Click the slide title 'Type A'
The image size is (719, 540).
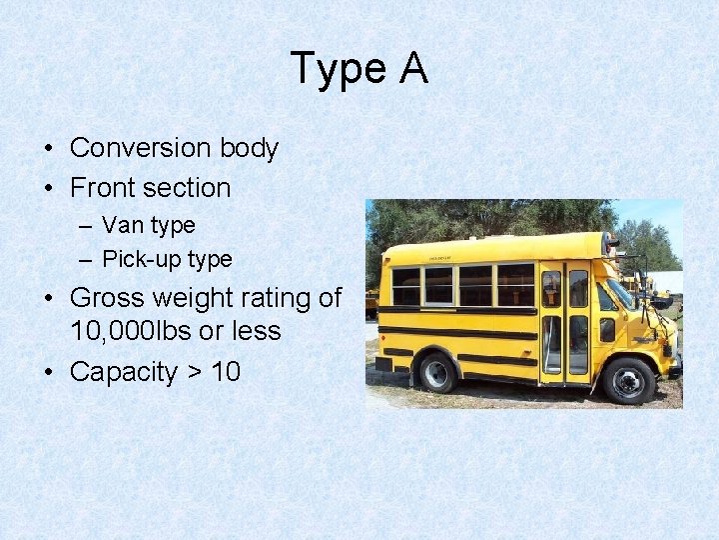coord(359,68)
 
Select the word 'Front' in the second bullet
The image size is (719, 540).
coord(104,188)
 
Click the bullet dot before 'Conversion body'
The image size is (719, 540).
coord(48,149)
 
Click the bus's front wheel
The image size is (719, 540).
coord(628,379)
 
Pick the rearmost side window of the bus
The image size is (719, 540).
coord(405,286)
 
